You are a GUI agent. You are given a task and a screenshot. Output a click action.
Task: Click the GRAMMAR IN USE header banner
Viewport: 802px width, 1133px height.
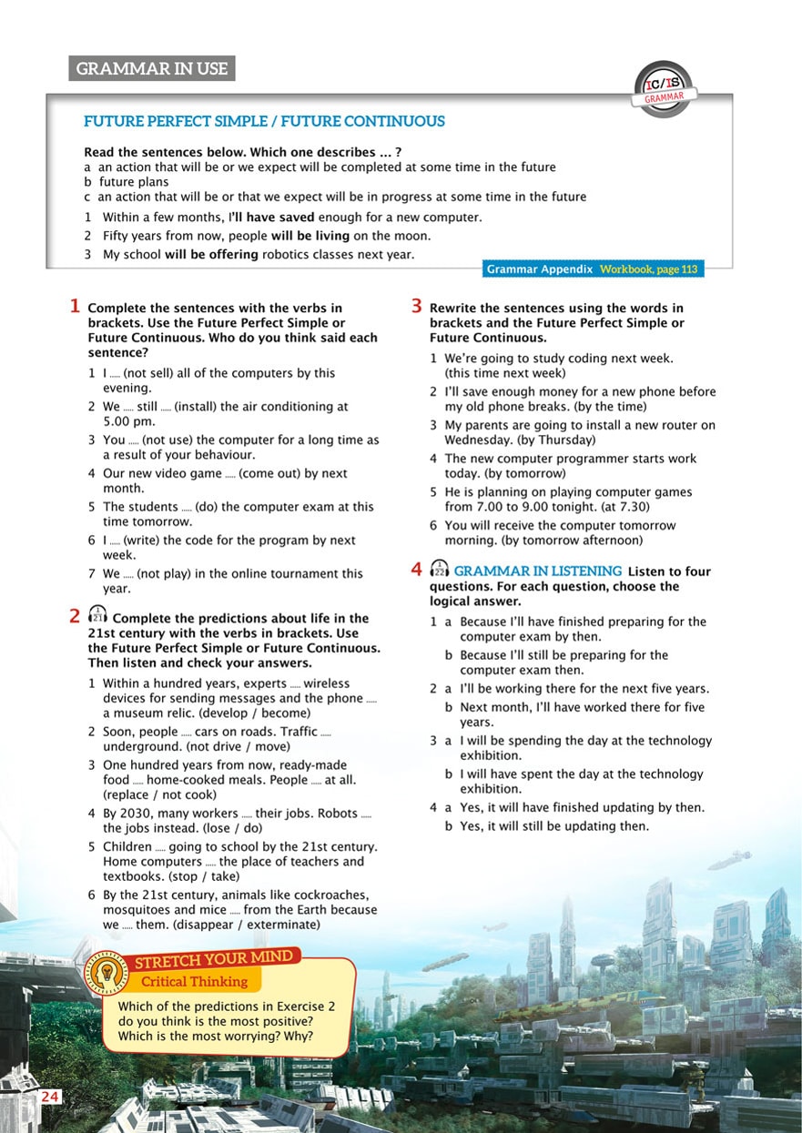(152, 69)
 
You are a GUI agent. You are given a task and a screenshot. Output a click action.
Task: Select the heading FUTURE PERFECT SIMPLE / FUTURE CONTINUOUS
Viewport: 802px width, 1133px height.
(264, 121)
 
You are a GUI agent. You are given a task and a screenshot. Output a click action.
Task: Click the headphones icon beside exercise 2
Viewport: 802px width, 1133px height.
(97, 617)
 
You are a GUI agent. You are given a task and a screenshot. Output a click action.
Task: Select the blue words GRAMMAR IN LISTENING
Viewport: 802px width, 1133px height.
(537, 571)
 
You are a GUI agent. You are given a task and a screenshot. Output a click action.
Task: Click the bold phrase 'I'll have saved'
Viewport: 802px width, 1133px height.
(271, 217)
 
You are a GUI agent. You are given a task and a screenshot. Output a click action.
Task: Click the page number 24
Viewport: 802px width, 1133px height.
(49, 1097)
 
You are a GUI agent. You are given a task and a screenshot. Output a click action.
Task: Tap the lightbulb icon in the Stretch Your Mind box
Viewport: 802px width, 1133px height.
(107, 973)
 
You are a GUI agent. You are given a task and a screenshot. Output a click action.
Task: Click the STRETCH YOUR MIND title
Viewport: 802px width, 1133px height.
(214, 958)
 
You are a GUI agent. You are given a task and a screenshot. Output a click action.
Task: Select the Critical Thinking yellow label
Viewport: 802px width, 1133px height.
(193, 981)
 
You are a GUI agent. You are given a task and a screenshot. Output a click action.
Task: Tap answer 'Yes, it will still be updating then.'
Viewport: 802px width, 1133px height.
(554, 826)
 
